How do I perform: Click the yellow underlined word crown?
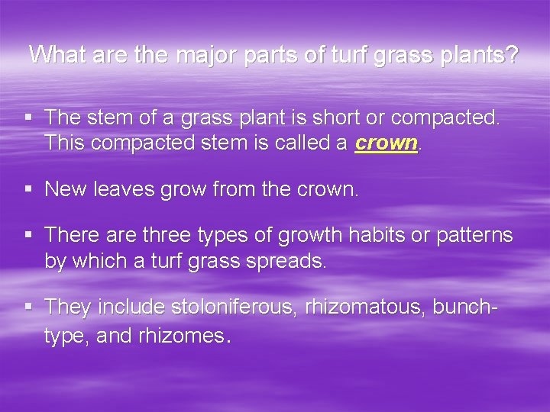(387, 143)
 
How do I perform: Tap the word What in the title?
(57, 56)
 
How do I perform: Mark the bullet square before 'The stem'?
(28, 118)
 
